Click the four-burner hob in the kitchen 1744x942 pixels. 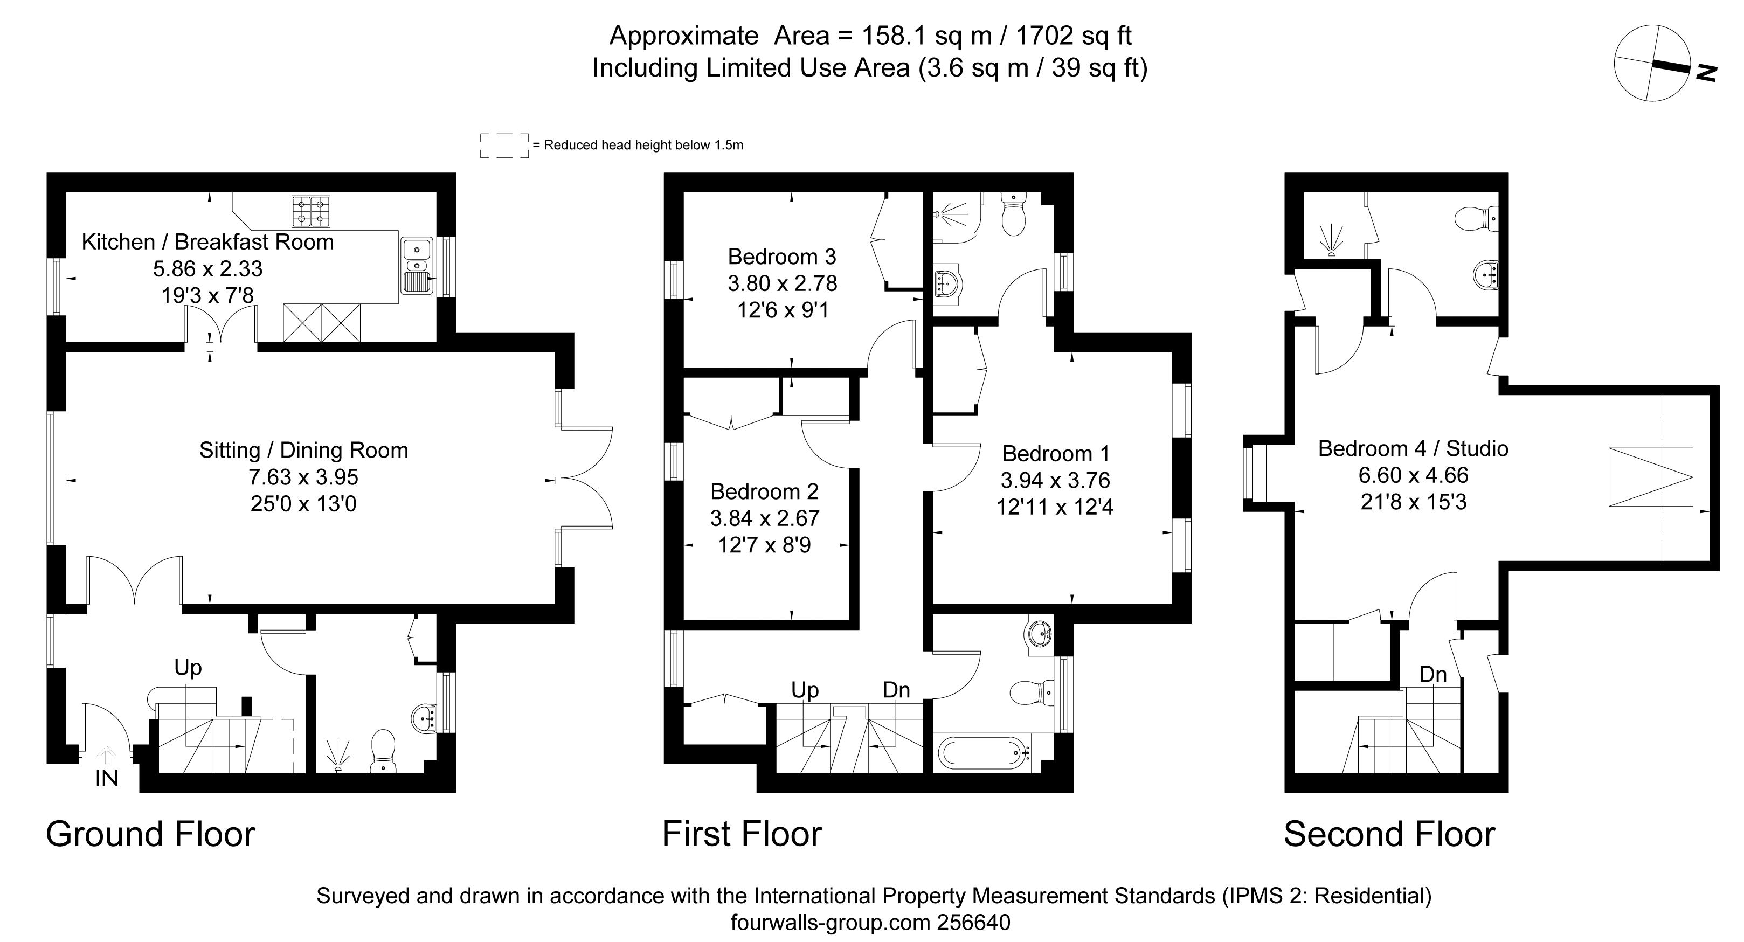[311, 211]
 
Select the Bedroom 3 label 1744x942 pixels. [781, 257]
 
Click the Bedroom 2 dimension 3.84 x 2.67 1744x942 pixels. [764, 518]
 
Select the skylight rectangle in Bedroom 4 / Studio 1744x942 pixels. [1650, 477]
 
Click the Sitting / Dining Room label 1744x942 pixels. [303, 451]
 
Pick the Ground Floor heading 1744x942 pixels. [150, 834]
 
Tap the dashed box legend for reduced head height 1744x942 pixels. [504, 146]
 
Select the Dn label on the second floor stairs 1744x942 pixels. [1432, 675]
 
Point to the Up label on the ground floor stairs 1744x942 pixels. [188, 668]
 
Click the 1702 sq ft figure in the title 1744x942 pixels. [1074, 35]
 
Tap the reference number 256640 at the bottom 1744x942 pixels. [973, 923]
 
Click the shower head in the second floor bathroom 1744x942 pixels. [1331, 243]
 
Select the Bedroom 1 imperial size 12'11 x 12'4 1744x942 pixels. [1054, 507]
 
